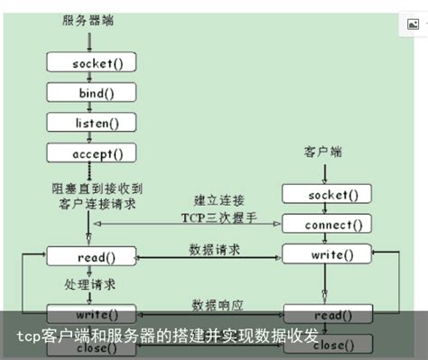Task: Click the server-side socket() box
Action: [90, 63]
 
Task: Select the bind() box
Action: [90, 92]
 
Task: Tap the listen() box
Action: [90, 122]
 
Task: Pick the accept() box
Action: [90, 153]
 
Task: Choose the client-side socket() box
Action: [327, 194]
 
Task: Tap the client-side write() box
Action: [327, 255]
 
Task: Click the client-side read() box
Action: [327, 316]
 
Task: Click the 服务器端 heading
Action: [88, 19]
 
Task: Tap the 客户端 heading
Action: [322, 153]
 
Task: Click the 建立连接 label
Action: [219, 198]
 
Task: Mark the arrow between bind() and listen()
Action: [90, 107]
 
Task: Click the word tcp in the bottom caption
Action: [30, 337]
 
